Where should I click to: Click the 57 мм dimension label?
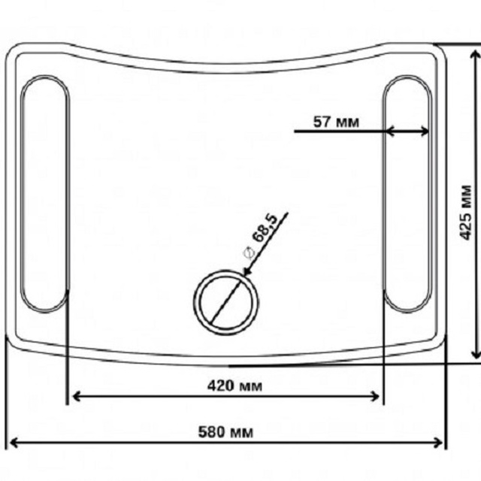click(336, 122)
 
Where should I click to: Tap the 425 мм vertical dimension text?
click(465, 213)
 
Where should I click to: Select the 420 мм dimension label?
click(234, 386)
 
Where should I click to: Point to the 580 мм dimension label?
click(225, 432)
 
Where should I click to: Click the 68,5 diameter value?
click(264, 228)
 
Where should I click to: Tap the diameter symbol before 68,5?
click(249, 253)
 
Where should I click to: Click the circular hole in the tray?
click(225, 302)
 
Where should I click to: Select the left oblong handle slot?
click(45, 194)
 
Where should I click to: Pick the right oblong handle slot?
click(407, 194)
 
